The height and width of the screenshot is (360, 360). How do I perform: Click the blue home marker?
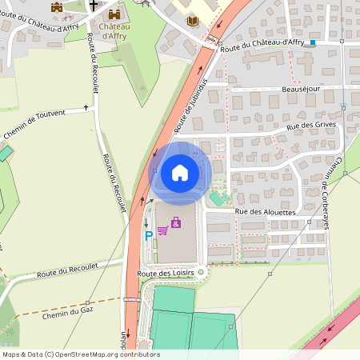pos(179,173)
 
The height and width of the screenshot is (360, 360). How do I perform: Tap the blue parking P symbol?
pos(148,236)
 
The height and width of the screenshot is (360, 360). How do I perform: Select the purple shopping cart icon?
pos(162,230)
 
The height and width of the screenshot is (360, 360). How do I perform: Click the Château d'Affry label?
pos(111,30)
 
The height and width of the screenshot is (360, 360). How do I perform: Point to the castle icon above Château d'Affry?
pos(111,14)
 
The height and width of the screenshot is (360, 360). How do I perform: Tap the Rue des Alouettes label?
pos(266,212)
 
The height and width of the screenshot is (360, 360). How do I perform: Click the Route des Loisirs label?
pos(166,274)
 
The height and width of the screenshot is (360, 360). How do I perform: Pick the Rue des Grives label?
pos(308,126)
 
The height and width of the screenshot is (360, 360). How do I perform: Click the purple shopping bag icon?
pos(176,222)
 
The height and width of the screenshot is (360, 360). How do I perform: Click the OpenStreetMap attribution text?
pos(81,354)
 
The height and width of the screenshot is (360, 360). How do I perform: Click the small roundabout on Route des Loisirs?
pos(201,272)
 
